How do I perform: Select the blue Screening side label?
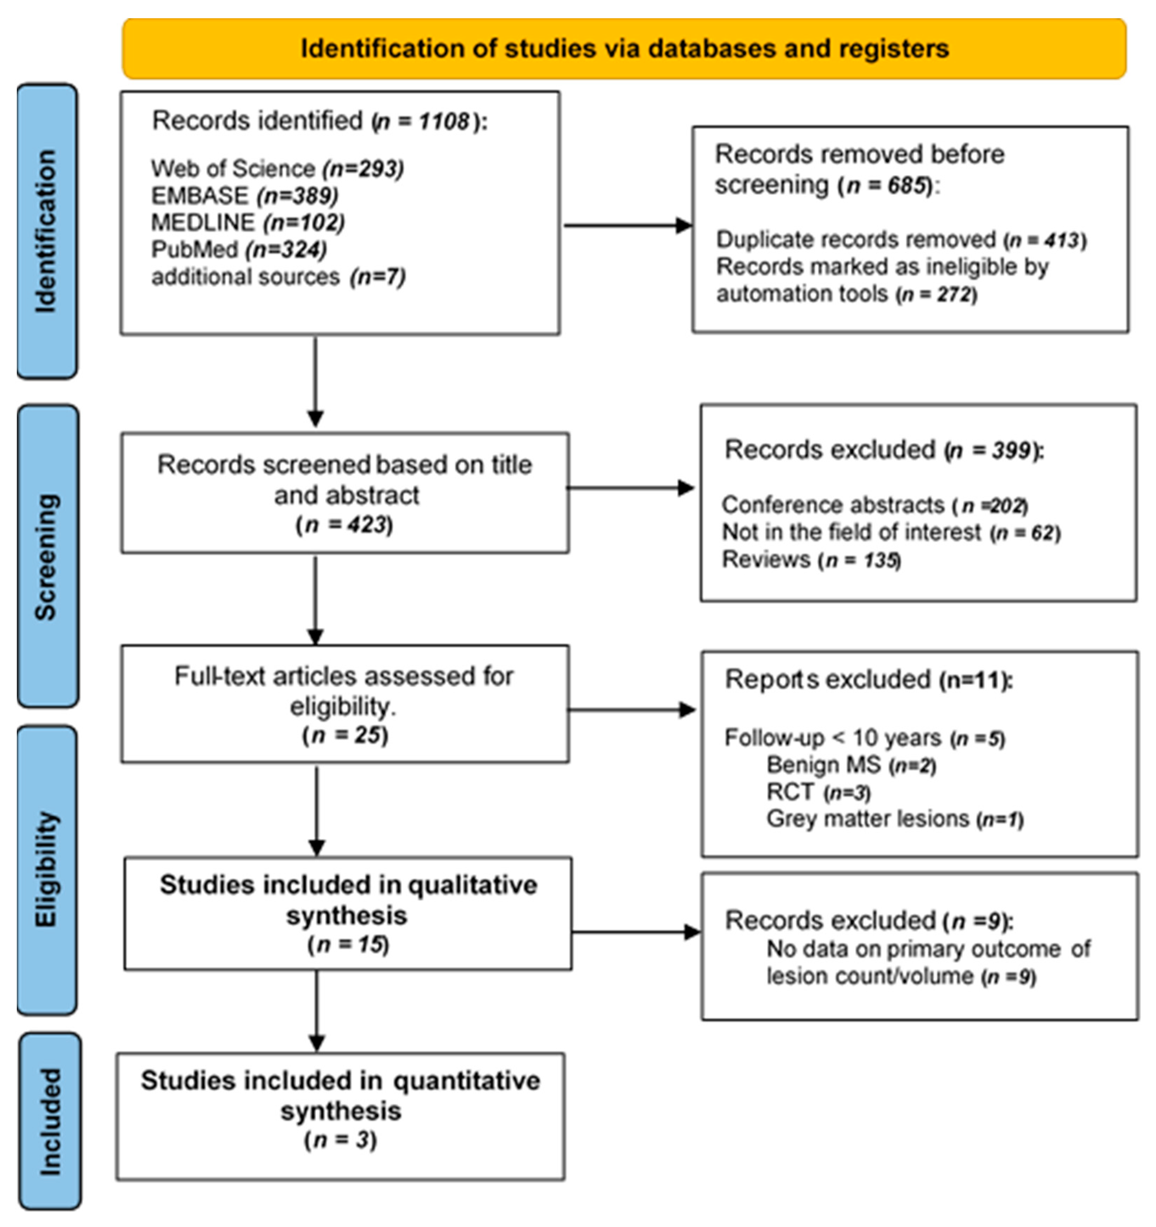pos(47,556)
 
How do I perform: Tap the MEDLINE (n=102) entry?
pos(247,222)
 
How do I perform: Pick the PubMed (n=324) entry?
pos(239,249)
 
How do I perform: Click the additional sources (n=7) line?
pos(278,277)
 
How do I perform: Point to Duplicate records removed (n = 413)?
pos(901,240)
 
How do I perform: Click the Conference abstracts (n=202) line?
pos(874,505)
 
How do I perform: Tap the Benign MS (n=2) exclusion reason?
pos(851,765)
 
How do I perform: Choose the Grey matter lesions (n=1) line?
pos(894,819)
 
